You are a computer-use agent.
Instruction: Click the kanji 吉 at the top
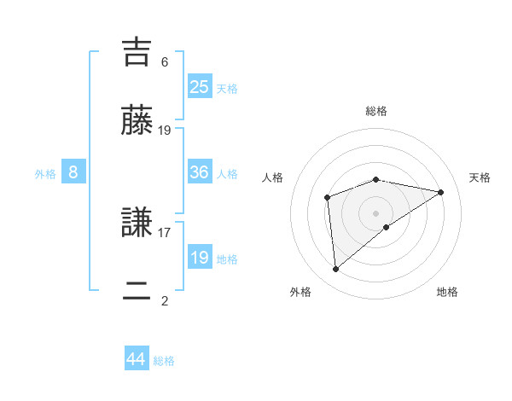coord(138,53)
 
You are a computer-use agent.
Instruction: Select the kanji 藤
coord(138,122)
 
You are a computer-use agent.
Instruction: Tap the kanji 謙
coord(138,224)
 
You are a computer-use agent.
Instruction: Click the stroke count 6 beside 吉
coord(165,61)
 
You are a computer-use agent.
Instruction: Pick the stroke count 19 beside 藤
coord(165,131)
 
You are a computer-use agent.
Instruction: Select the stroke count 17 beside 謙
coord(165,231)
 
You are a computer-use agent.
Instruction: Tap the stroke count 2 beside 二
coord(165,300)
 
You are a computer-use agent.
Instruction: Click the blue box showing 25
coord(200,86)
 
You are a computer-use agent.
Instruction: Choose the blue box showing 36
coord(200,171)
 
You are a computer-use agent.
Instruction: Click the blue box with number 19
coord(200,257)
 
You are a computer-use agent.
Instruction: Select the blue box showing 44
coord(137,359)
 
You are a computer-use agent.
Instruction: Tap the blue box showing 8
coord(73,172)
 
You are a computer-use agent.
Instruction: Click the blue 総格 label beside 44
coord(164,361)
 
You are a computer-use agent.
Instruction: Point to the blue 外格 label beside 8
coord(45,174)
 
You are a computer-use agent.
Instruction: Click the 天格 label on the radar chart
coord(480,177)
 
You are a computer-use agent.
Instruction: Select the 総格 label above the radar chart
coord(376,111)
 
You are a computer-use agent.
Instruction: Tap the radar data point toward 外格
coord(336,269)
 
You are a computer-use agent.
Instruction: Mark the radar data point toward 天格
coord(441,192)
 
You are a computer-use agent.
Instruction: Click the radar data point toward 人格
coord(327,198)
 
